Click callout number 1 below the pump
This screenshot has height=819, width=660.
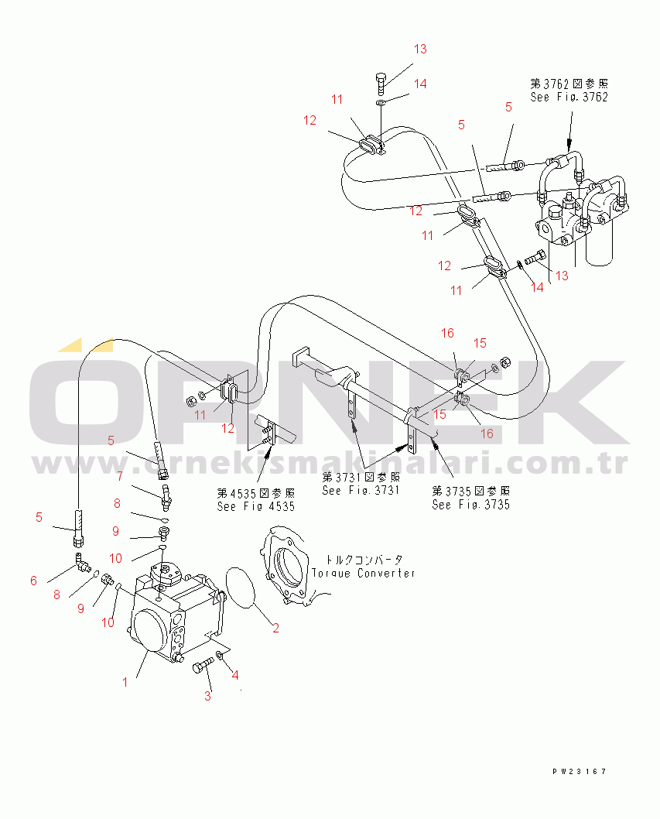point(124,682)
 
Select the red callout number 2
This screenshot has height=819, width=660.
point(275,628)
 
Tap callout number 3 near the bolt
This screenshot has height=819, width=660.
point(207,695)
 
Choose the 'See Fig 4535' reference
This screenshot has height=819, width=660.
point(255,507)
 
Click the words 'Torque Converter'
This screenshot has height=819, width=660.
point(363,573)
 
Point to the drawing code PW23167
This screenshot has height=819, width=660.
point(580,772)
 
